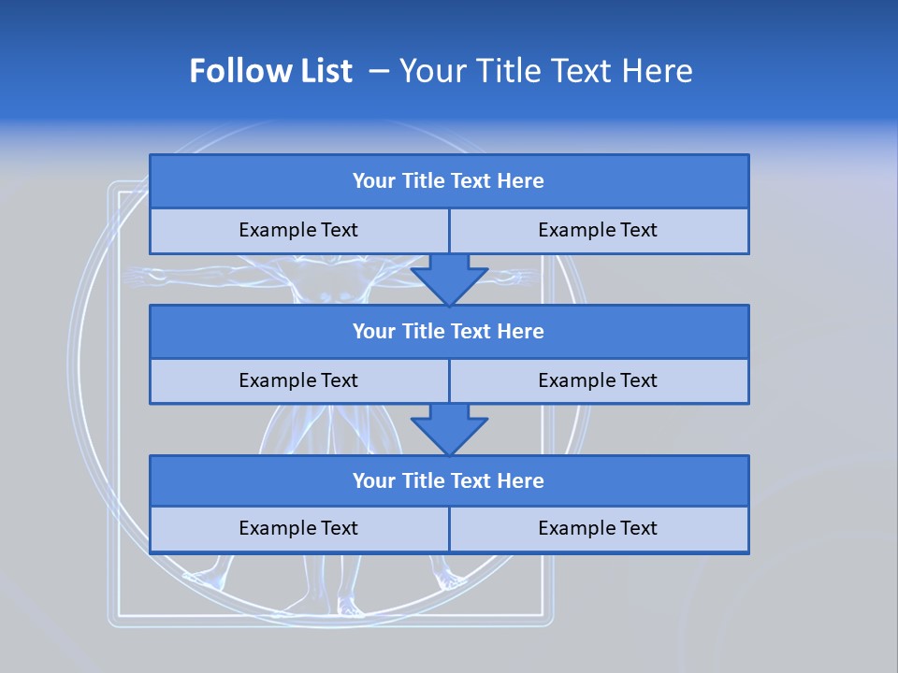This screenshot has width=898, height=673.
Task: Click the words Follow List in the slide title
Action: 270,71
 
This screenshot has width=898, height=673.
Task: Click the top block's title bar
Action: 448,181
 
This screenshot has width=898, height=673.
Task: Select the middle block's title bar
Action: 448,331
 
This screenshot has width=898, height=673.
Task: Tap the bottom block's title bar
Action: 448,480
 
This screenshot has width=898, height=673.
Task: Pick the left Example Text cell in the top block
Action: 298,230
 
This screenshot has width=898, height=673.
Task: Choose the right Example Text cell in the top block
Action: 598,230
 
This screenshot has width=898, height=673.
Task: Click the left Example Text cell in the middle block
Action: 298,380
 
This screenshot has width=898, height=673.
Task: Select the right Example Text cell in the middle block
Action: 598,380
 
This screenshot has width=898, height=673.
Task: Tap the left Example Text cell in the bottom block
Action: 298,528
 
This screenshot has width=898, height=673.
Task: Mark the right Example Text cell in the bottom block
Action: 598,528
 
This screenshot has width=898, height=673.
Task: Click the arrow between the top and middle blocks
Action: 449,280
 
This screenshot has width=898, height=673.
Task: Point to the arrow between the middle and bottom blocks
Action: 449,429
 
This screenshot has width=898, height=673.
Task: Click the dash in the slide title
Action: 379,71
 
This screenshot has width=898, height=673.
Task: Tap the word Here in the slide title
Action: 660,71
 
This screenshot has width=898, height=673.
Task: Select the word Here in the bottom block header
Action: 520,480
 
